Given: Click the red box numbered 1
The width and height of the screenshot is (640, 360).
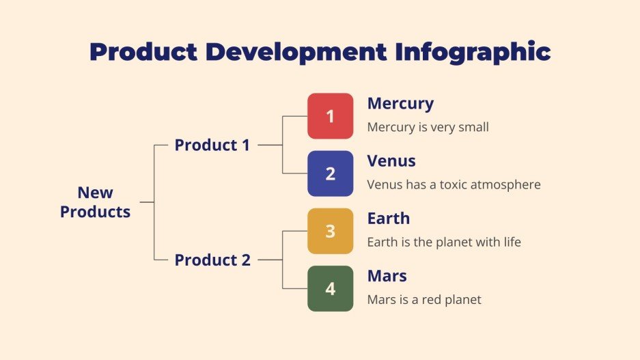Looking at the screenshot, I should tap(330, 116).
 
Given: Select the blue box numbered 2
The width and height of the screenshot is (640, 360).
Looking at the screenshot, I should tap(330, 174).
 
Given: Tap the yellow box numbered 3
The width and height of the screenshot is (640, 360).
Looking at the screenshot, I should tap(330, 231).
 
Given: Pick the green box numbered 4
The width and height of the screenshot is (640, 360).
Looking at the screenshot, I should tap(330, 288).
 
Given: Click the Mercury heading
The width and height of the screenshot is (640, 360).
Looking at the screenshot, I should tap(400, 104).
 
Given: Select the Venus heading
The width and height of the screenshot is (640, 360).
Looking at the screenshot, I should tap(391, 161).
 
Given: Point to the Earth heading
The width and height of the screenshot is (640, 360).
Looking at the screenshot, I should tap(389, 219).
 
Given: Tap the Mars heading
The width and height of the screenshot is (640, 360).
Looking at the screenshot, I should tap(387, 276).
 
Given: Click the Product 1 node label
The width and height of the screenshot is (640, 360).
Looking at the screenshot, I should tap(212, 145).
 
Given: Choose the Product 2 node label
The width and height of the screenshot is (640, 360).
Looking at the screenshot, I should tap(212, 260).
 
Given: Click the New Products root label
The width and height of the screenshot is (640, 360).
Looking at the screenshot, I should tap(95, 202).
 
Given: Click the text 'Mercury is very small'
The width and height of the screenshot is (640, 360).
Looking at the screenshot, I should tap(428, 127).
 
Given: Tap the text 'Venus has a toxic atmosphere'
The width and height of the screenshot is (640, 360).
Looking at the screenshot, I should tap(454, 184).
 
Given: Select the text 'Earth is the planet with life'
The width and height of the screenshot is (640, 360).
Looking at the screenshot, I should tap(444, 242).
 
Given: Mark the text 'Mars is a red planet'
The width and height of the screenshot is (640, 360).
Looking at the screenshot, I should tap(424, 299).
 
